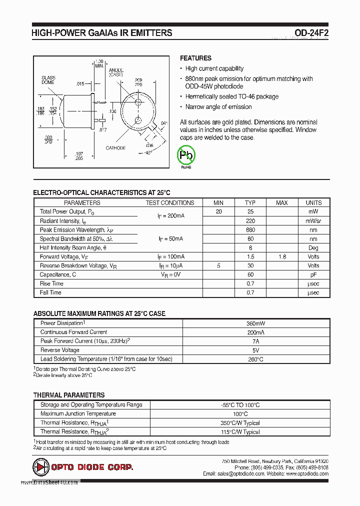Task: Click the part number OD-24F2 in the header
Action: [x=311, y=33]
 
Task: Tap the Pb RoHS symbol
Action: [x=186, y=155]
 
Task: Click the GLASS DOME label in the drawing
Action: [x=48, y=80]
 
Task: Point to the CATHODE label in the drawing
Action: [x=115, y=148]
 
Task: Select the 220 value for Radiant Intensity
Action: [x=250, y=221]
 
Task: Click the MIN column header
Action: [x=218, y=202]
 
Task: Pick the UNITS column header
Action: [x=313, y=202]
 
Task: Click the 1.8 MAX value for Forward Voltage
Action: [x=282, y=257]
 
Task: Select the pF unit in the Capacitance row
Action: [x=313, y=275]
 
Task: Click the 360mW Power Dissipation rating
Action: [x=255, y=323]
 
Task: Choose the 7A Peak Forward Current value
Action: [x=255, y=341]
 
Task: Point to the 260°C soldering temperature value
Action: [x=255, y=359]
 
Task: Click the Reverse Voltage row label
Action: [x=59, y=350]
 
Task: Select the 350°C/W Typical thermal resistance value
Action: [x=240, y=423]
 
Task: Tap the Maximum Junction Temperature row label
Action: [x=78, y=414]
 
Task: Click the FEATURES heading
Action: [x=195, y=58]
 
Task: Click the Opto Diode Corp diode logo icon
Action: [x=39, y=467]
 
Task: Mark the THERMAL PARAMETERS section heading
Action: [x=69, y=395]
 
